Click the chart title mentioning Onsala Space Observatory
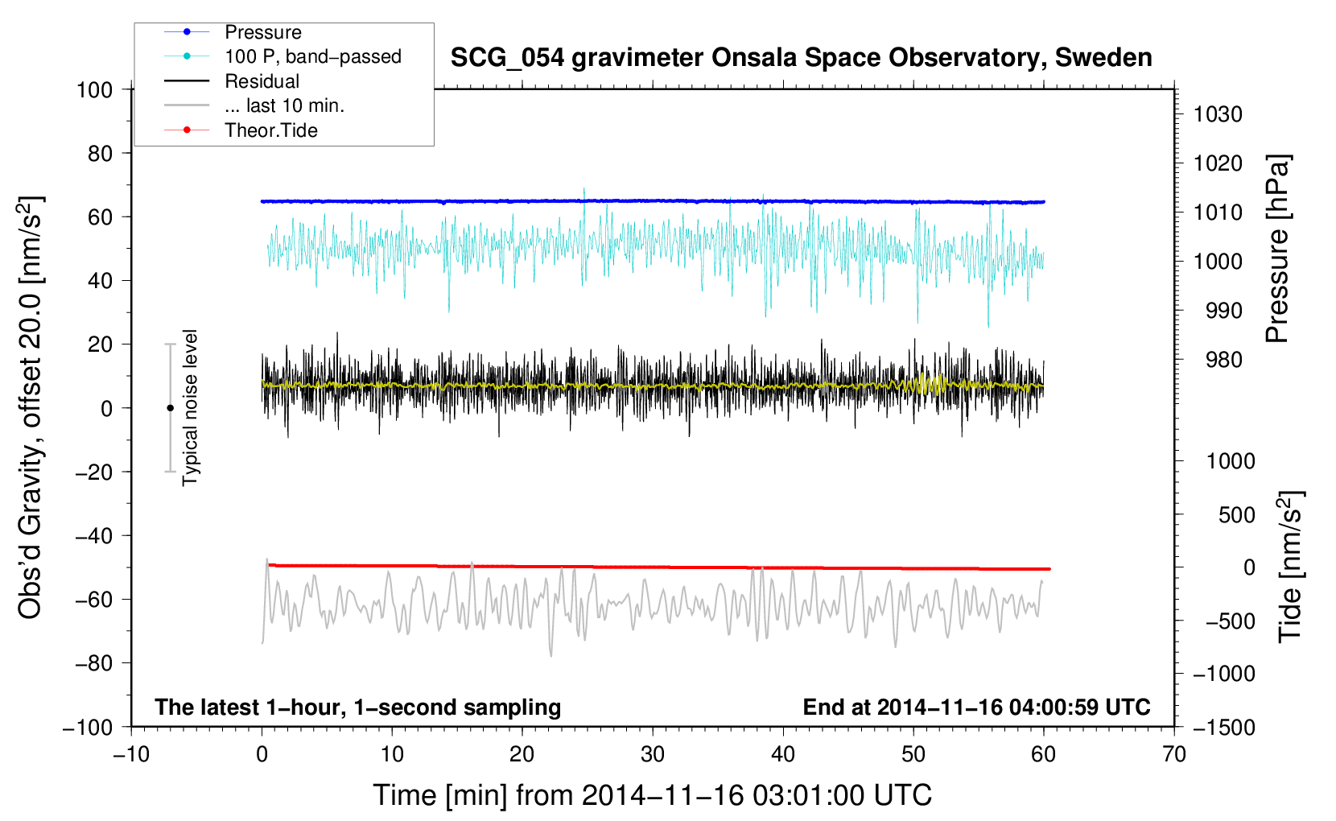click(801, 58)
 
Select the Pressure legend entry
click(262, 32)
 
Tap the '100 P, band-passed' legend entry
click(312, 56)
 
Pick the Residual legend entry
click(262, 81)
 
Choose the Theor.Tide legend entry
click(270, 130)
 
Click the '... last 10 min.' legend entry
click(284, 105)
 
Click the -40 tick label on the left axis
click(93, 535)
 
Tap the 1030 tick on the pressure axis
click(1218, 114)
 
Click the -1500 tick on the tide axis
click(1224, 727)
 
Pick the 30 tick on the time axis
click(653, 754)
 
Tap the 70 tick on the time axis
click(1174, 754)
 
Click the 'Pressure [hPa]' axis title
click(1278, 249)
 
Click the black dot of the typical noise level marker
click(170, 408)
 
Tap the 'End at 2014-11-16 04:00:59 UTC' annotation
click(976, 707)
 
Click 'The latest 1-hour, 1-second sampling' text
click(358, 707)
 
